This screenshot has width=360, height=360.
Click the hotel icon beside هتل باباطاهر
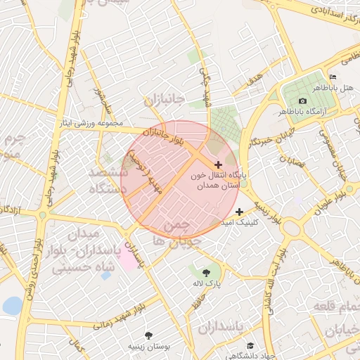(x=333, y=77)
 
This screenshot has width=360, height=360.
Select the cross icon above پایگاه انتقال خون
(x=218, y=164)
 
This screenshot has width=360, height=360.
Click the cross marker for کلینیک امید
(x=240, y=211)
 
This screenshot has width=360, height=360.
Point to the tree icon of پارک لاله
(x=205, y=272)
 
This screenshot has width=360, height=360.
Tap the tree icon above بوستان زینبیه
(x=148, y=335)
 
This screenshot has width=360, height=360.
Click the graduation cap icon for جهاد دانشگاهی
(x=251, y=345)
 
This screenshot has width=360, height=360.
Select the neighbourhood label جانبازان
(x=164, y=101)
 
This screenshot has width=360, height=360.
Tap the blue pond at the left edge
(x=11, y=306)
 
